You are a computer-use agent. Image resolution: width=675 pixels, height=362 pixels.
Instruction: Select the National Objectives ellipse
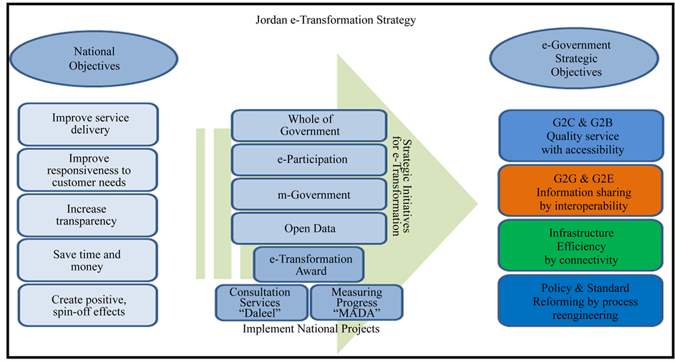tap(94, 59)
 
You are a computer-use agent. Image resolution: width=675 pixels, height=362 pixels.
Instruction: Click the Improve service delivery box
tap(87, 124)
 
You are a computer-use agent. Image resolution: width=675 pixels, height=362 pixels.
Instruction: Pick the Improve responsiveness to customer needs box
tap(87, 170)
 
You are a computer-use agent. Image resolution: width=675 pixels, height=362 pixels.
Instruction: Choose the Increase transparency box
tap(87, 215)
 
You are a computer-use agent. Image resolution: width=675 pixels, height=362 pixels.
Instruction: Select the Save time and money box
tap(87, 260)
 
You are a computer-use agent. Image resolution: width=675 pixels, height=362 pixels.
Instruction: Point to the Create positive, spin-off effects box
tap(87, 305)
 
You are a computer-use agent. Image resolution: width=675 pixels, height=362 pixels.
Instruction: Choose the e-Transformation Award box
tap(309, 265)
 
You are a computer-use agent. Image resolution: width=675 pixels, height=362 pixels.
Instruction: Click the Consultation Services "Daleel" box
tap(260, 303)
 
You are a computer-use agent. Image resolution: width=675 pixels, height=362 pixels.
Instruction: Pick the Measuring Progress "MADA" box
tap(356, 303)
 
